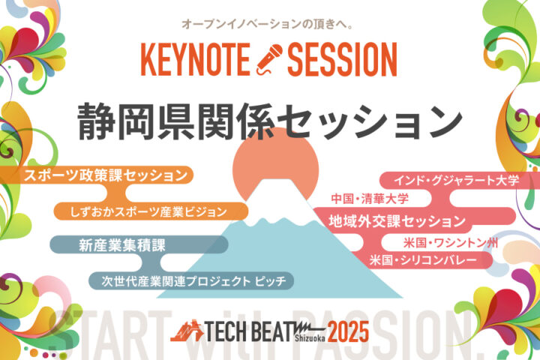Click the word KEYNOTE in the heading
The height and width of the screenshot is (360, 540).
click(x=195, y=59)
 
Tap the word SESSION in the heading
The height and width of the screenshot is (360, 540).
click(x=342, y=59)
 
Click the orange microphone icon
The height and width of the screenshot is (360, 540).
click(x=269, y=59)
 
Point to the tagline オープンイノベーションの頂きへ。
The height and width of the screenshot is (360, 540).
click(x=268, y=24)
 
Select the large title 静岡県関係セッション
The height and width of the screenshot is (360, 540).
click(x=270, y=121)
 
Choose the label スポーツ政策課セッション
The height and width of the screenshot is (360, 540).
click(x=106, y=175)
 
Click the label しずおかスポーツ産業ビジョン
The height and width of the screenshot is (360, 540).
click(x=148, y=211)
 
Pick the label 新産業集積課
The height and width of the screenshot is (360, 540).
click(x=122, y=245)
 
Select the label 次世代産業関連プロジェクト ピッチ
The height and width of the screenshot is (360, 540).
click(x=193, y=280)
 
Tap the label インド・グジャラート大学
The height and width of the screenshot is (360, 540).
click(x=456, y=180)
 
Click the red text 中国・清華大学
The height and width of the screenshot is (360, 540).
click(x=370, y=199)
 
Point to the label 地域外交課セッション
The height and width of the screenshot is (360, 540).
click(x=397, y=220)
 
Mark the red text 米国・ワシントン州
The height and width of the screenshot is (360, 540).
click(x=451, y=243)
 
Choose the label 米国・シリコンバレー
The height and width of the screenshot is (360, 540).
click(x=423, y=259)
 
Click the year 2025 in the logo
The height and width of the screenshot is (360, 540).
click(x=348, y=331)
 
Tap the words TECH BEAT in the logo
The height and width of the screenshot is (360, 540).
click(x=250, y=331)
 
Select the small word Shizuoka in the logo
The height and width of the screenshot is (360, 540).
click(x=310, y=338)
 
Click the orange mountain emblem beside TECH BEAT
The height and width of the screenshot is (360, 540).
click(x=187, y=331)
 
